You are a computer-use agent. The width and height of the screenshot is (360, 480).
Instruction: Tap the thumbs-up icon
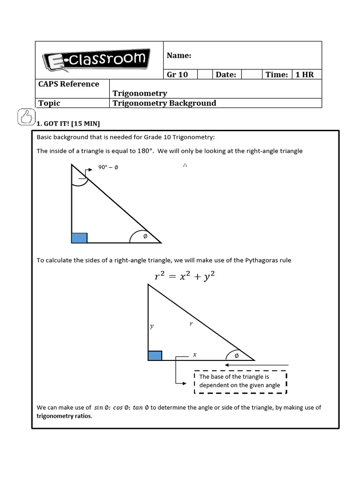(x=25, y=116)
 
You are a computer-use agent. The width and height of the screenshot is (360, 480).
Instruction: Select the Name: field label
(x=179, y=56)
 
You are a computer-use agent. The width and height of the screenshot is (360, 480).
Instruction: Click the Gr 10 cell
(x=177, y=75)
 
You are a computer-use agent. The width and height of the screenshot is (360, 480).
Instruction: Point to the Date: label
(x=225, y=75)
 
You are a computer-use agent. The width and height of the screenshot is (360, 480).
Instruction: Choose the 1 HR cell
(x=305, y=75)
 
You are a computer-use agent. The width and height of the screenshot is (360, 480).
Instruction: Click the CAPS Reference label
(x=68, y=84)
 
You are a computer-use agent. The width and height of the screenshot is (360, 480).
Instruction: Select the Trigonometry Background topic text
(x=165, y=103)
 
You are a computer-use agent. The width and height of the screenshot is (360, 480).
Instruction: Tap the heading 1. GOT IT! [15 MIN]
(x=68, y=124)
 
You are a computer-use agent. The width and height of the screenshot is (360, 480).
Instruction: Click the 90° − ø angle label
(x=108, y=167)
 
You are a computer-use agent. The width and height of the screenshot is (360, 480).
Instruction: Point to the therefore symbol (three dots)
(x=185, y=166)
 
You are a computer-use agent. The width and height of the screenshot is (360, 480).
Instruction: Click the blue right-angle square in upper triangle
(x=79, y=238)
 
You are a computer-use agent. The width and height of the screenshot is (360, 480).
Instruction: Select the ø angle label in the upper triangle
(x=145, y=237)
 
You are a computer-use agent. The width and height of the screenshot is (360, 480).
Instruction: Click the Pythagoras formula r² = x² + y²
(x=185, y=277)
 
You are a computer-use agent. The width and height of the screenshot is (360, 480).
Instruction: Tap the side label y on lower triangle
(x=151, y=326)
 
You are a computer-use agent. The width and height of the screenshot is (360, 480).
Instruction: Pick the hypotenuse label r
(x=191, y=323)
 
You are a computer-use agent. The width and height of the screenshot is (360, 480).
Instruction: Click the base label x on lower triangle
(x=195, y=355)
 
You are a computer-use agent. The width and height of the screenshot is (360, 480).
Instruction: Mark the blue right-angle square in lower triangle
(x=155, y=355)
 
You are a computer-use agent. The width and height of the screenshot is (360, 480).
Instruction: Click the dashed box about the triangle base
(x=240, y=381)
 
